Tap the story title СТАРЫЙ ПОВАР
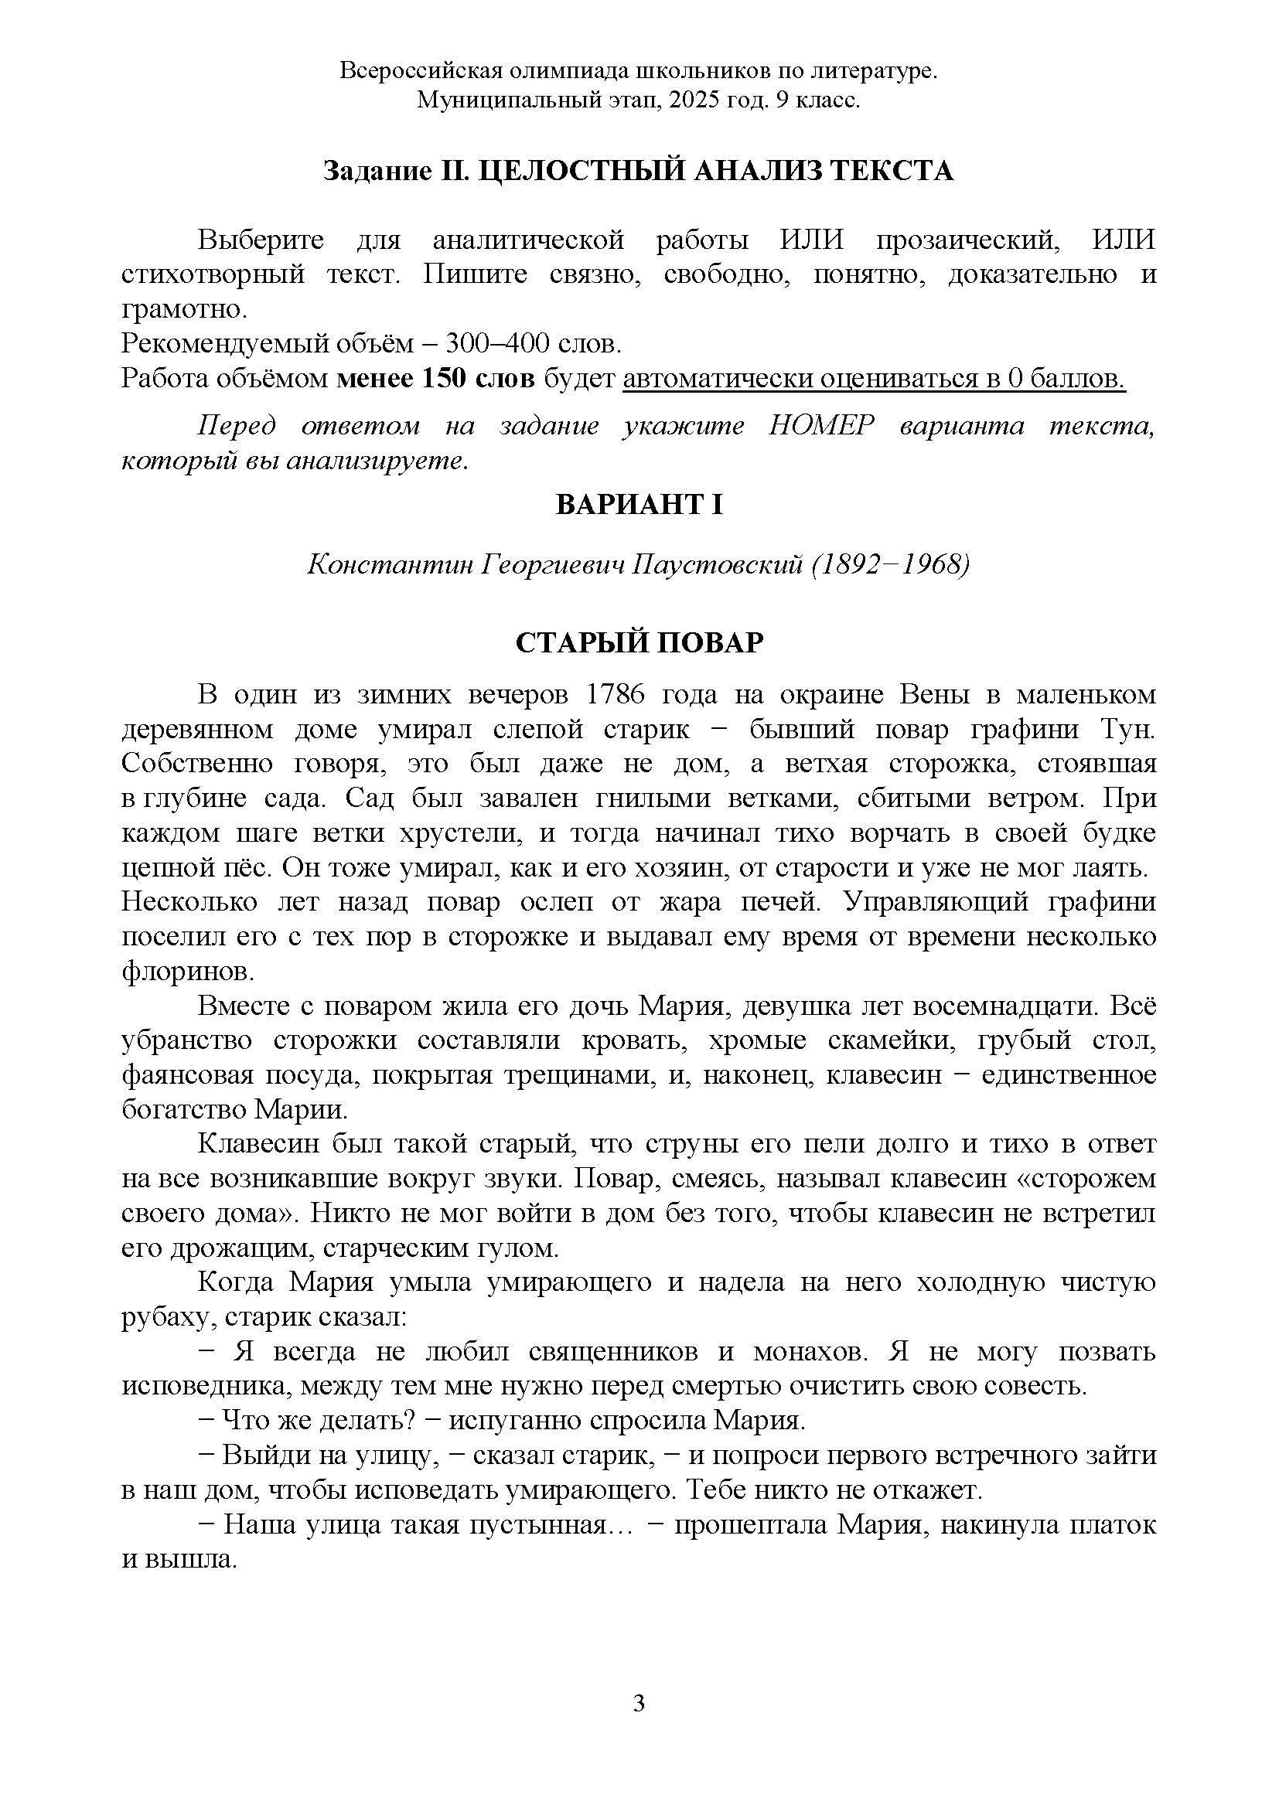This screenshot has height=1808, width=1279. click(x=639, y=642)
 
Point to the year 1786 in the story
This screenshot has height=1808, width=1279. click(x=616, y=695)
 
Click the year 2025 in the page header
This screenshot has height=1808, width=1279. click(x=692, y=100)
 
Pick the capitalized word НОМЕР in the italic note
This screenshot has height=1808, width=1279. click(x=821, y=426)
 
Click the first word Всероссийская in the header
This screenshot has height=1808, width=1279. click(x=420, y=71)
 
